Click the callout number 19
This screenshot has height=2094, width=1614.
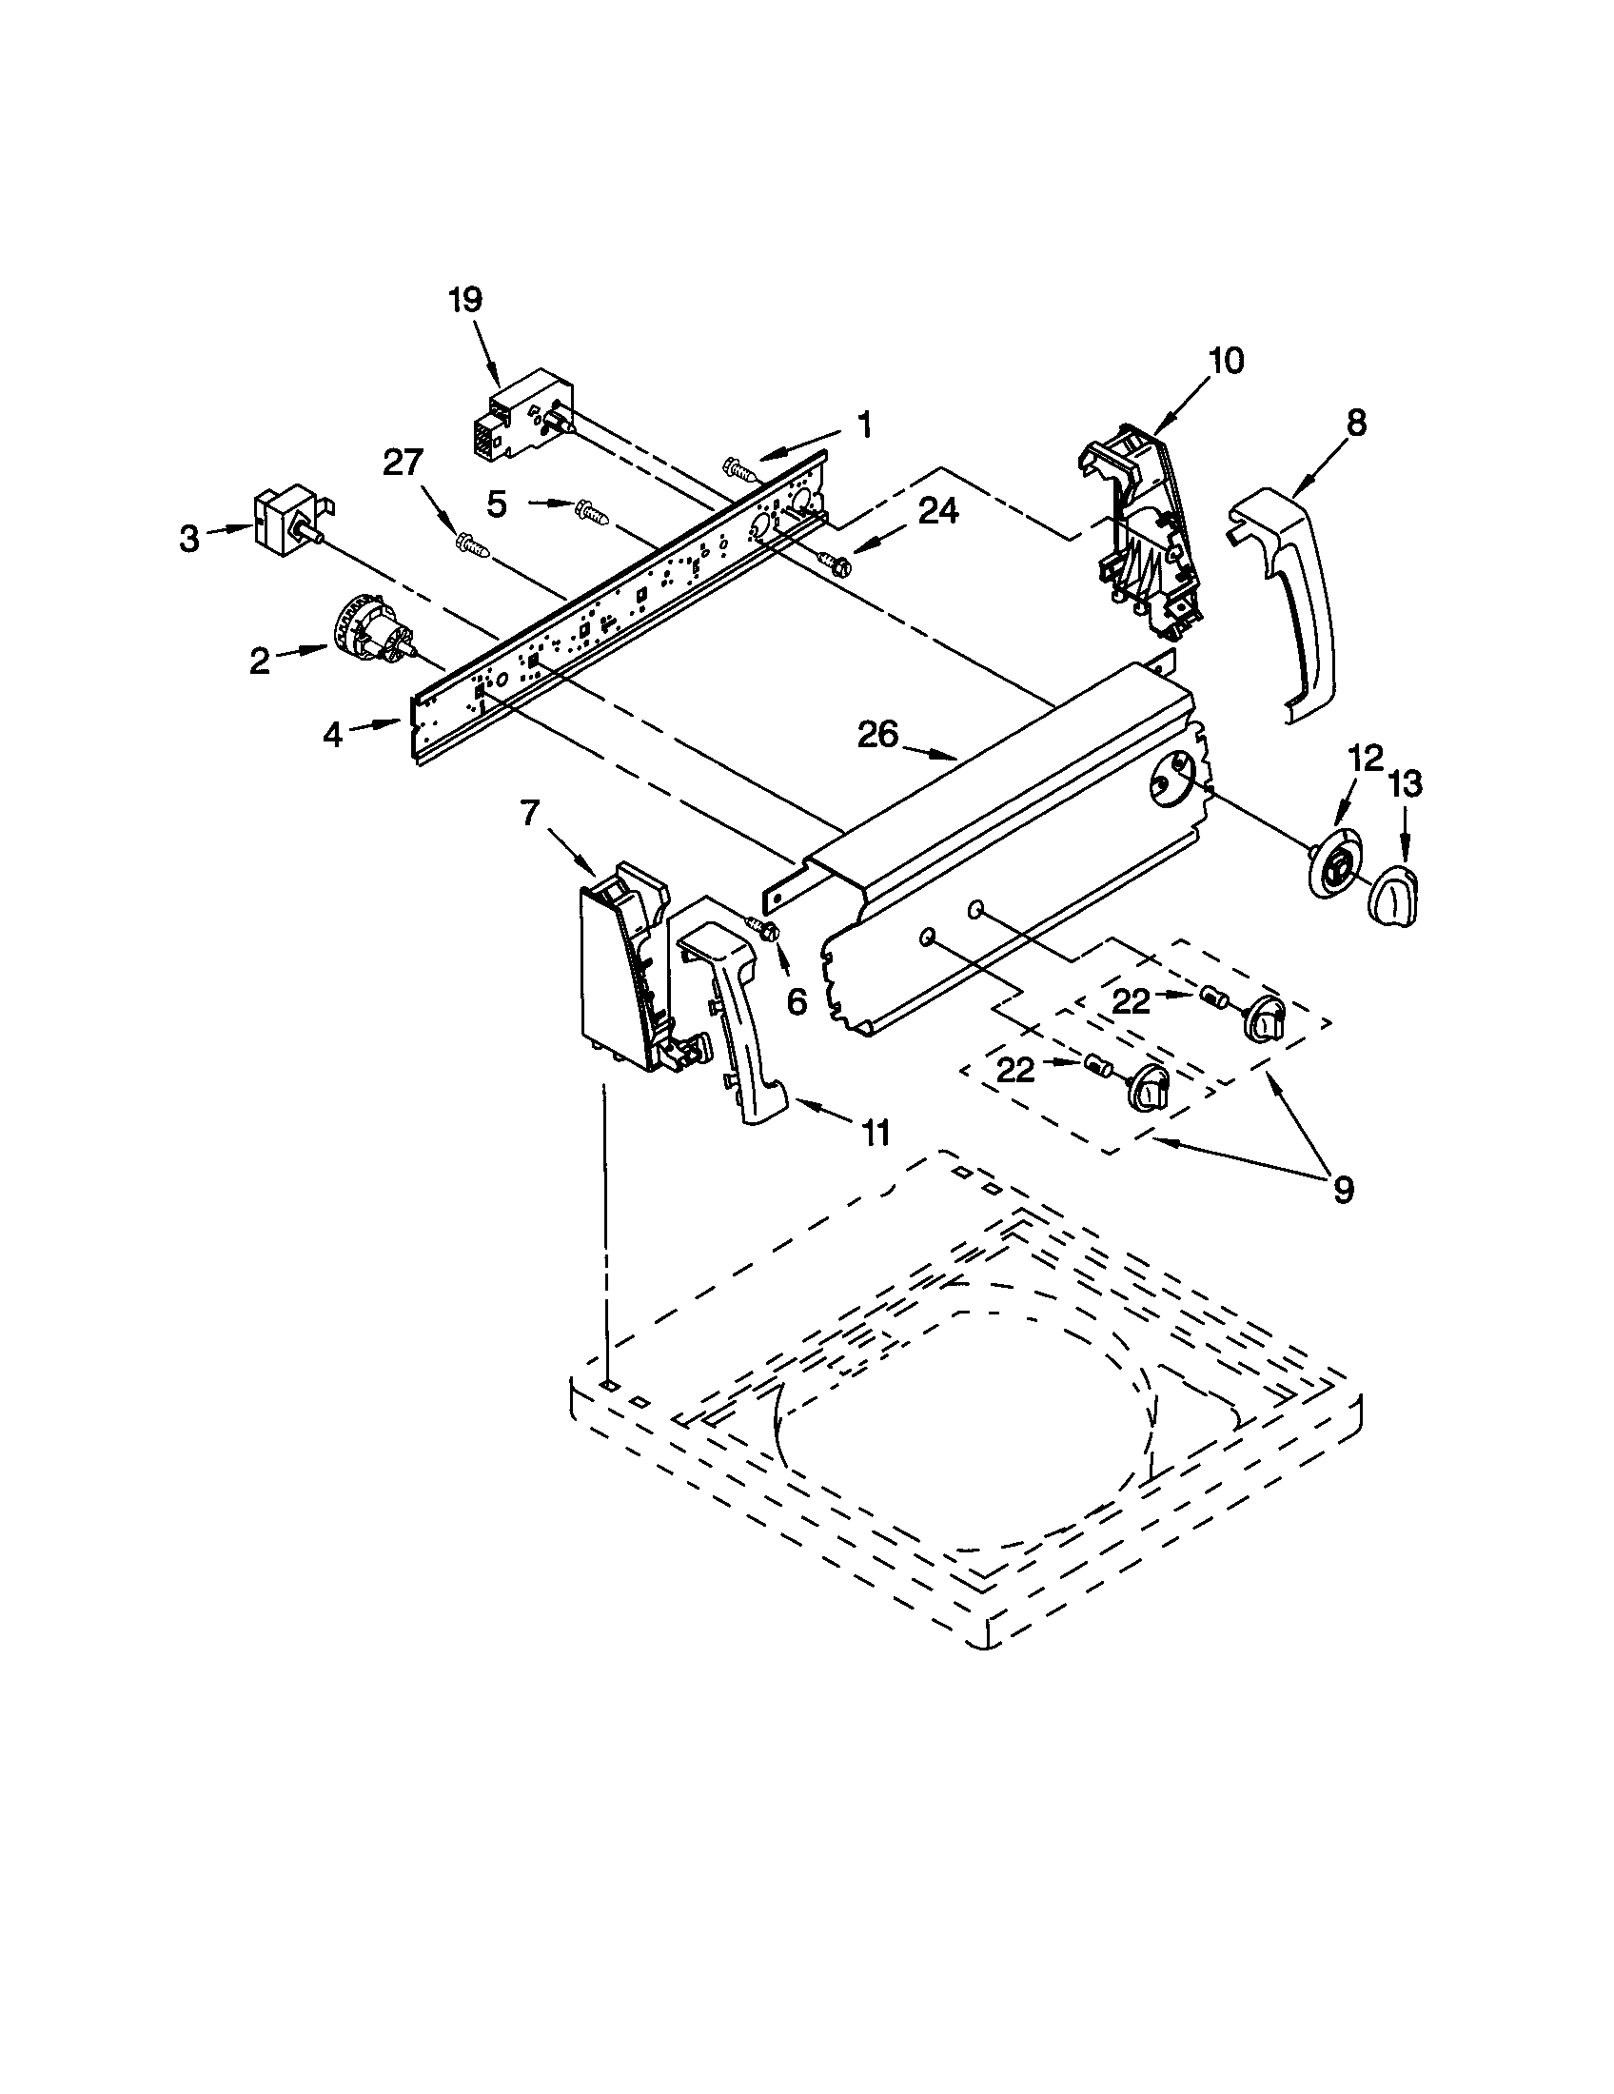point(464,300)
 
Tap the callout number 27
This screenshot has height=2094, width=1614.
point(403,464)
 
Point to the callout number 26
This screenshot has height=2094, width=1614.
point(878,735)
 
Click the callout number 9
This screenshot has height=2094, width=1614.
point(1343,1190)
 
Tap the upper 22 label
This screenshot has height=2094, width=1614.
point(1131,1001)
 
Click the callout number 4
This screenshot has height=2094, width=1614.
point(331,735)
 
